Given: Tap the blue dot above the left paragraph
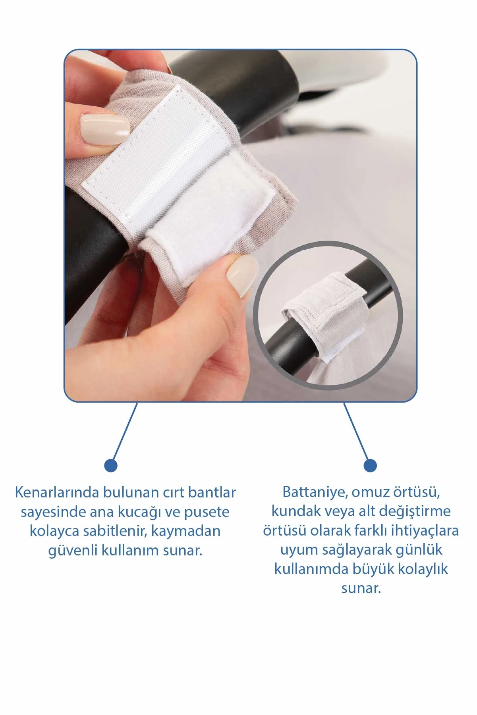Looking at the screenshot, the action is (x=111, y=465).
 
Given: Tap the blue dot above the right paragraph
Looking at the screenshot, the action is (x=370, y=465).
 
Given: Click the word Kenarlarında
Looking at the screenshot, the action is (x=57, y=492).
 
